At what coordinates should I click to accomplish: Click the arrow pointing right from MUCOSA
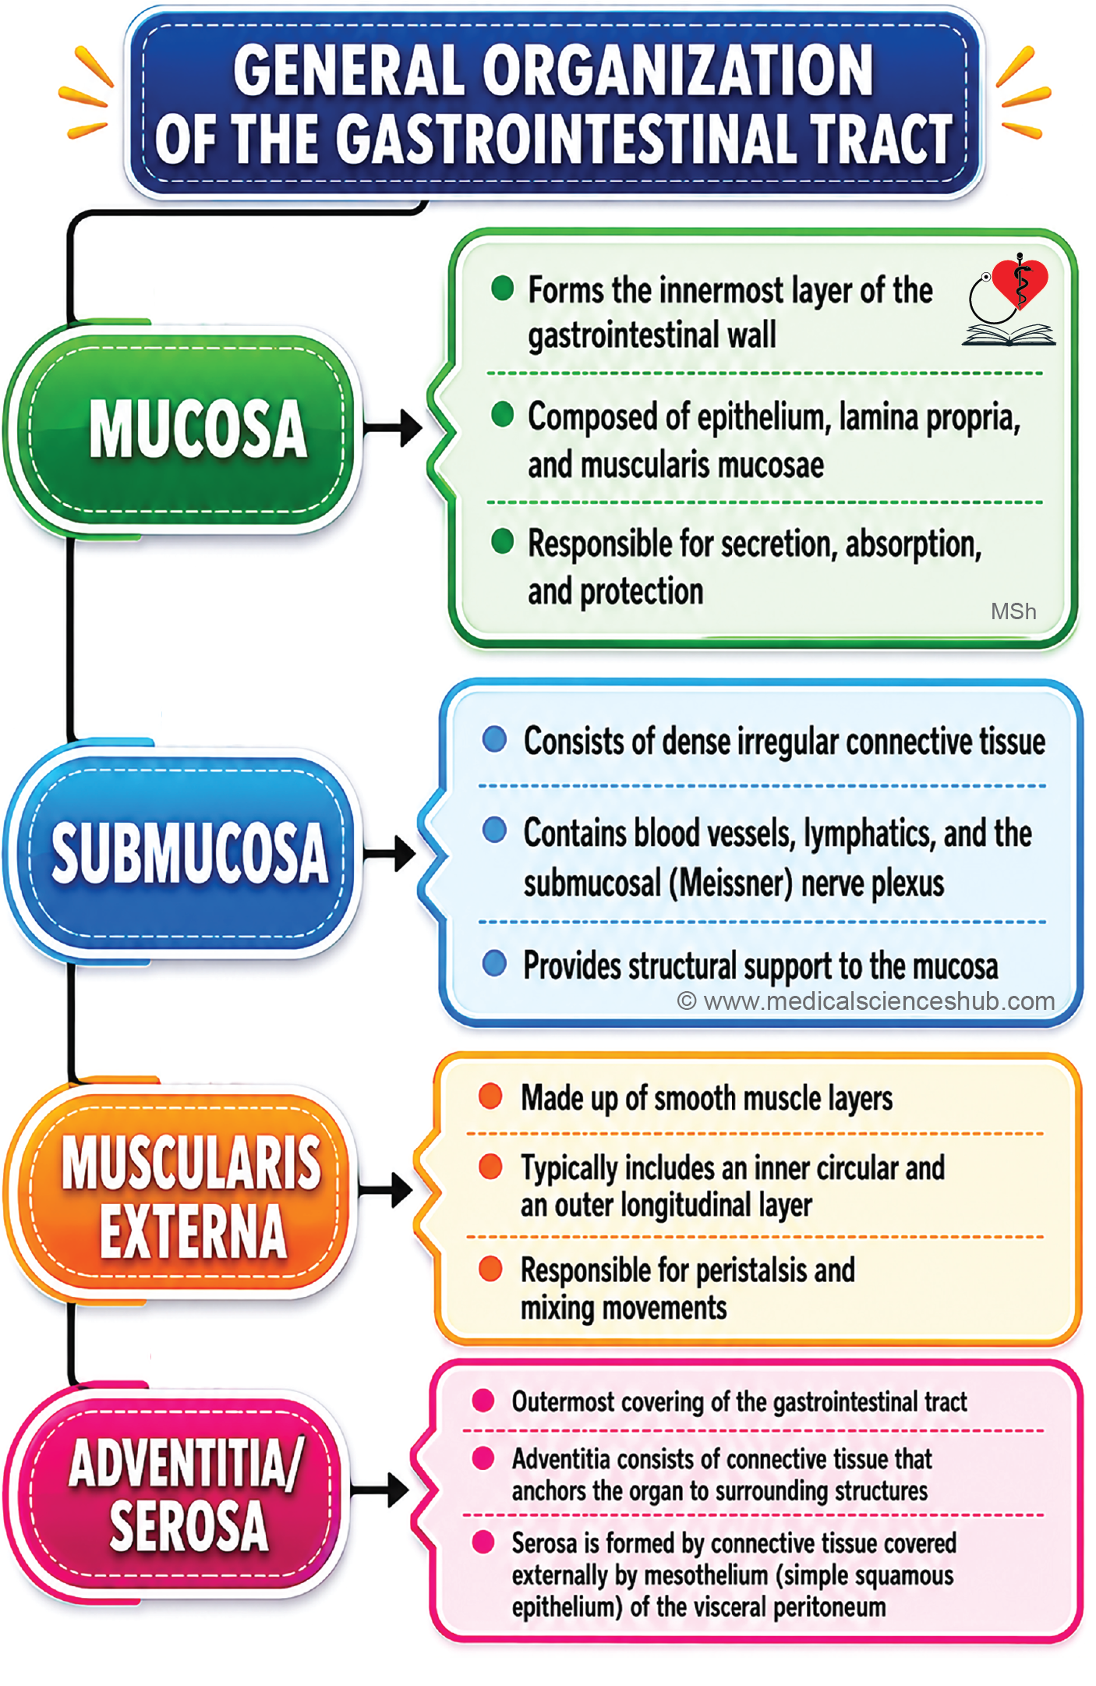click(x=393, y=427)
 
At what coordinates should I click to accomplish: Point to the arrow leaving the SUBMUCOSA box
click(x=389, y=852)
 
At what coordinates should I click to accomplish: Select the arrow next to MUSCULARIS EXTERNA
click(x=385, y=1190)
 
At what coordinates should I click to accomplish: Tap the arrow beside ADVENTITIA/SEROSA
click(x=380, y=1491)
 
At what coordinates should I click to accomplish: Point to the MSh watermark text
click(x=1013, y=611)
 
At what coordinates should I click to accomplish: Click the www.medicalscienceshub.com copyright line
click(x=866, y=1001)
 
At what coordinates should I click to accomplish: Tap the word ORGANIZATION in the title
click(x=677, y=70)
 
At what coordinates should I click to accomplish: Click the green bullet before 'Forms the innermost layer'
click(x=502, y=288)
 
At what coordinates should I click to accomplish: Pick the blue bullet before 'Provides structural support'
click(x=494, y=963)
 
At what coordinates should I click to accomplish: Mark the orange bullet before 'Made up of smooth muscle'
click(x=490, y=1096)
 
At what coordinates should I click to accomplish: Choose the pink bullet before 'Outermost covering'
click(x=483, y=1401)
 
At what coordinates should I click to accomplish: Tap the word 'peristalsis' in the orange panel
click(x=751, y=1270)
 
